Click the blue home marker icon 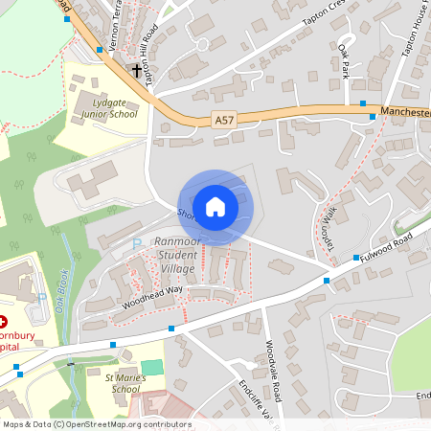[215, 206]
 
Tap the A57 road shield [223, 120]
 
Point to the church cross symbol [136, 70]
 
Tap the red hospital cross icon [4, 322]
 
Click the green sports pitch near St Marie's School [152, 368]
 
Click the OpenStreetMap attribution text [97, 424]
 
